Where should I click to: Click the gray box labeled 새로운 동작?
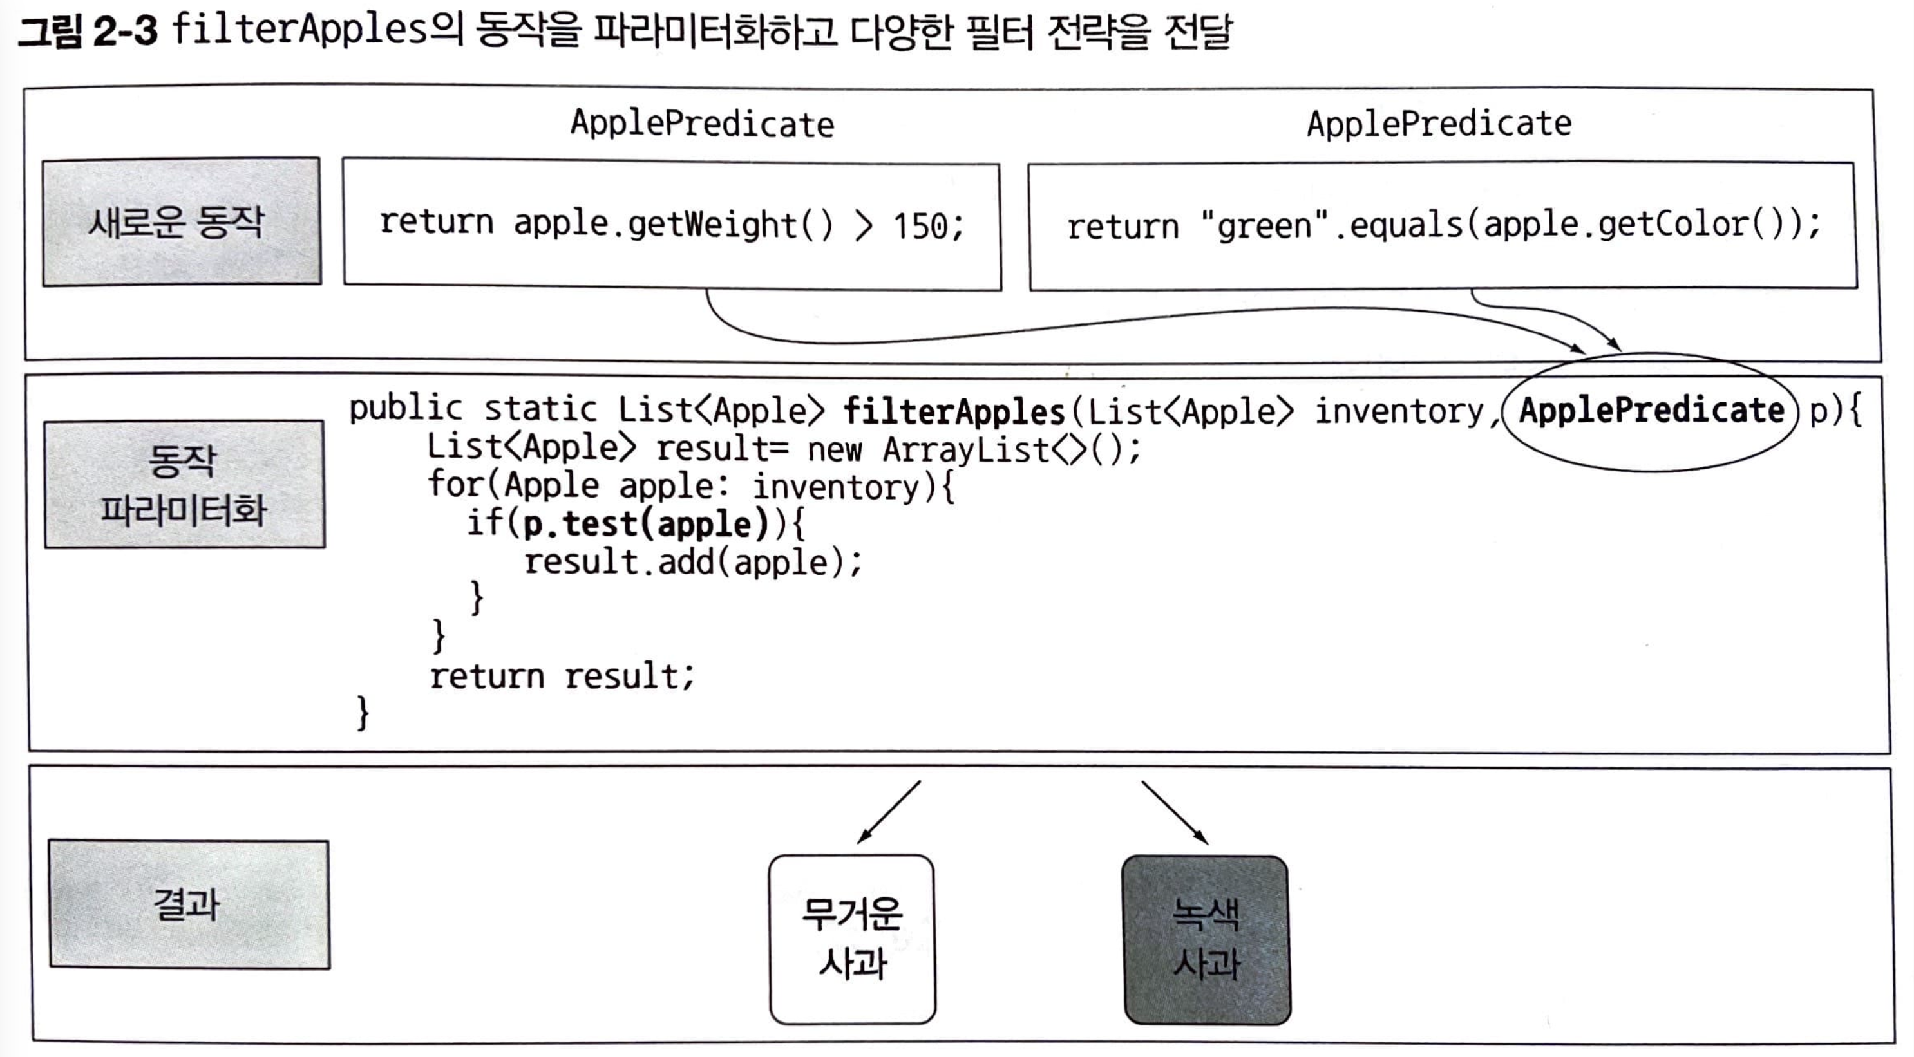pyautogui.click(x=182, y=221)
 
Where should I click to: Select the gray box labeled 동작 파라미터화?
pyautogui.click(x=184, y=484)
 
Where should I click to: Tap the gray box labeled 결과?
pyautogui.click(x=189, y=904)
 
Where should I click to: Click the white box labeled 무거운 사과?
pyautogui.click(x=852, y=939)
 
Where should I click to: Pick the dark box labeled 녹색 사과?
pyautogui.click(x=1207, y=940)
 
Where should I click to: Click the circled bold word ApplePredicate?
pyautogui.click(x=1651, y=411)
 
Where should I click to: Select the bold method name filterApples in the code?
pyautogui.click(x=954, y=411)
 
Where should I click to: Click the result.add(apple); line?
pyautogui.click(x=692, y=563)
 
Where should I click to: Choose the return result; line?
pyautogui.click(x=562, y=676)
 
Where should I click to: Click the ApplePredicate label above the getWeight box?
pyautogui.click(x=702, y=124)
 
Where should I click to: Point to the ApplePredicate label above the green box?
pyautogui.click(x=1439, y=124)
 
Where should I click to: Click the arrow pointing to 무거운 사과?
pyautogui.click(x=889, y=811)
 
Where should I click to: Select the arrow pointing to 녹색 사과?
pyautogui.click(x=1175, y=812)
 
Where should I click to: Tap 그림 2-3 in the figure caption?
pyautogui.click(x=88, y=33)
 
